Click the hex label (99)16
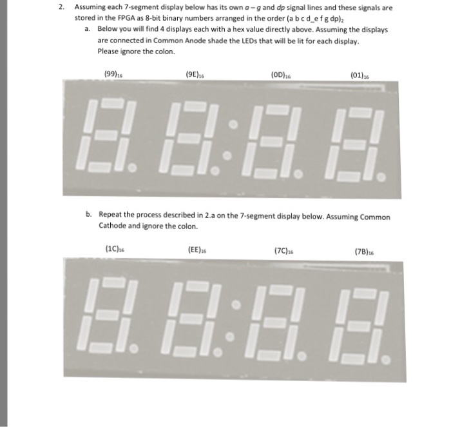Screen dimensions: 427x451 [112, 75]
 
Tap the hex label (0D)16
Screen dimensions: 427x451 [281, 75]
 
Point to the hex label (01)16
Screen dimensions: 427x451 [360, 75]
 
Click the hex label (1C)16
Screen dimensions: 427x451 [113, 247]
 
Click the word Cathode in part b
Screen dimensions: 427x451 [112, 226]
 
